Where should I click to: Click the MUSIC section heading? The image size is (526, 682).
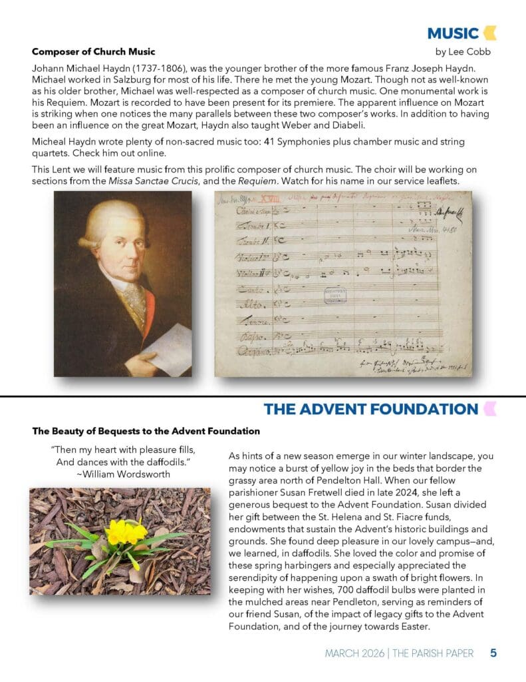coord(452,33)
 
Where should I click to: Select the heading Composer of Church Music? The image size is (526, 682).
coord(94,51)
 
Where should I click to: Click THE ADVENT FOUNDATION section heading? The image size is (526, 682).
coord(370,409)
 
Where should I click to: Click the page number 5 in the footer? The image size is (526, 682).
coord(493,653)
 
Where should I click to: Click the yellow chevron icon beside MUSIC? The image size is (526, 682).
coord(490,33)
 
